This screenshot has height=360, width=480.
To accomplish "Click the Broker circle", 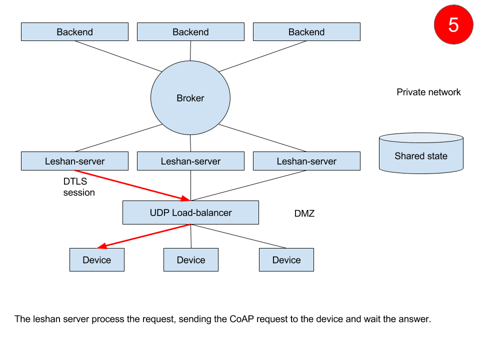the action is pos(190,97).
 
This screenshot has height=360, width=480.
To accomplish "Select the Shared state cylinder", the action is pos(421,153).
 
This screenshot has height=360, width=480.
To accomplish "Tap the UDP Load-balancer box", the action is pos(190,212).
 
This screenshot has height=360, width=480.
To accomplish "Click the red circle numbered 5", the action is pos(453,24).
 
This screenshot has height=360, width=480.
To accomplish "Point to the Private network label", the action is pos(428,92).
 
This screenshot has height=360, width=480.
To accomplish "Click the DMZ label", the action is pos(304,213).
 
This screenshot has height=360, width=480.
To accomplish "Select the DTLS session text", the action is pos(79,187).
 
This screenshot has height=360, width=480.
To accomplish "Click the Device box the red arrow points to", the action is pos(97,259).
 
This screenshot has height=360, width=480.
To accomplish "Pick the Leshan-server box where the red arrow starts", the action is pos(74,161).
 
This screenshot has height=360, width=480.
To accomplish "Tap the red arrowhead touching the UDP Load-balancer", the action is pos(185,198).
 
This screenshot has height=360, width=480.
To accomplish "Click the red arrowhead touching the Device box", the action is pos(102,246).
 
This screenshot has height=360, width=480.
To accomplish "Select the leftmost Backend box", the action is pos(74,32).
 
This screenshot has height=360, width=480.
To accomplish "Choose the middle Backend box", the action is pos(190,32).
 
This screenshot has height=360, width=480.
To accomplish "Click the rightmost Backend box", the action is pos(306,32).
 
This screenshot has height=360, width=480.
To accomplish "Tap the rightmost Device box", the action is pos(286,259).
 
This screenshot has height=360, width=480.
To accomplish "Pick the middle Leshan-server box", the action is pos(190,161).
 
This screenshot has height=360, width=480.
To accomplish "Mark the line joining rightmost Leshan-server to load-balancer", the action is pos(248,185).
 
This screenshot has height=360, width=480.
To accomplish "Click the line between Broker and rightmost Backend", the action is pos(263,56).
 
